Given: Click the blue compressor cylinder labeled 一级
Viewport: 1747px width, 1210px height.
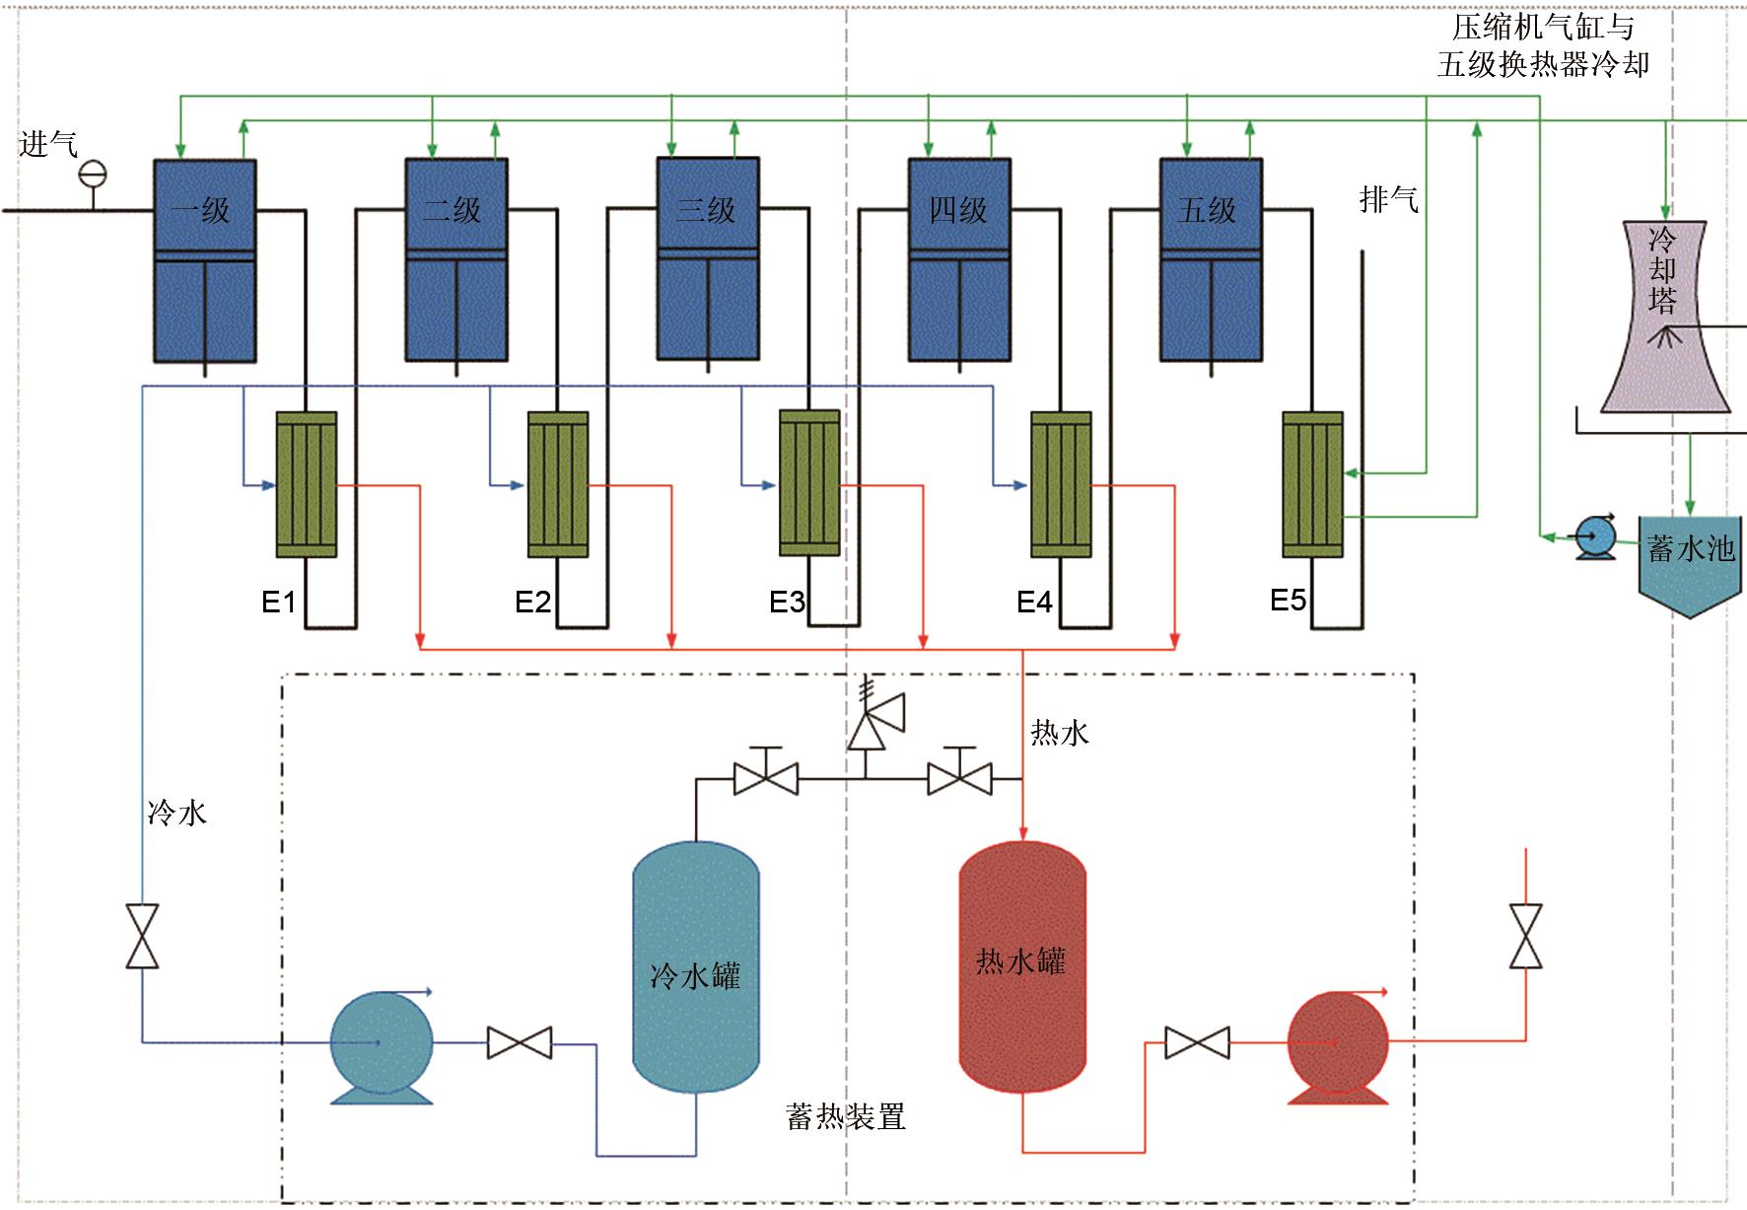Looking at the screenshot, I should click(x=204, y=261).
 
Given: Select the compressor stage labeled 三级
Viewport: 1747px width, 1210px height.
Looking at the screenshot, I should click(x=708, y=258).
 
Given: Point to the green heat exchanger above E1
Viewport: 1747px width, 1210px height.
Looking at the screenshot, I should click(x=307, y=484).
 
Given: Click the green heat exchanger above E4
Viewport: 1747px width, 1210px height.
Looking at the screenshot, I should click(x=1061, y=484).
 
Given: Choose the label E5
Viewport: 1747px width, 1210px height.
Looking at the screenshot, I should click(x=1288, y=600).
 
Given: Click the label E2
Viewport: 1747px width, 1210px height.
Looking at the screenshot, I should click(x=532, y=602).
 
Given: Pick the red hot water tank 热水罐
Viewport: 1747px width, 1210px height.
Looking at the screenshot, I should click(x=1022, y=966).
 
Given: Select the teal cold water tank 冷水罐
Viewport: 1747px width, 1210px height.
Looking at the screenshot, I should click(x=695, y=966).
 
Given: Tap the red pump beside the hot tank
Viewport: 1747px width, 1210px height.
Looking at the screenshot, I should click(x=1338, y=1045).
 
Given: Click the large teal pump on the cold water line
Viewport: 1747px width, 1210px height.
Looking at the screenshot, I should click(x=381, y=1046).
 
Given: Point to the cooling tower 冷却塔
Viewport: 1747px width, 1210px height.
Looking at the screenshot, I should click(x=1664, y=316).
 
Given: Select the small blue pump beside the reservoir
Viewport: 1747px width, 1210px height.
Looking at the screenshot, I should click(x=1594, y=537).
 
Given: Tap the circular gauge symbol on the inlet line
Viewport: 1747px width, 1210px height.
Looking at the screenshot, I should click(x=93, y=175).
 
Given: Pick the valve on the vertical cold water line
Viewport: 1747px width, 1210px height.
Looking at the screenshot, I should click(x=143, y=936).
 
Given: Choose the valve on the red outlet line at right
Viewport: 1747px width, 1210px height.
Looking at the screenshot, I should click(x=1525, y=936).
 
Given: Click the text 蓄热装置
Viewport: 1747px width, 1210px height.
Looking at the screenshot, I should click(x=845, y=1117).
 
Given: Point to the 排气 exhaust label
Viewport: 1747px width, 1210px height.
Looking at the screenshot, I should click(x=1388, y=200).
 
